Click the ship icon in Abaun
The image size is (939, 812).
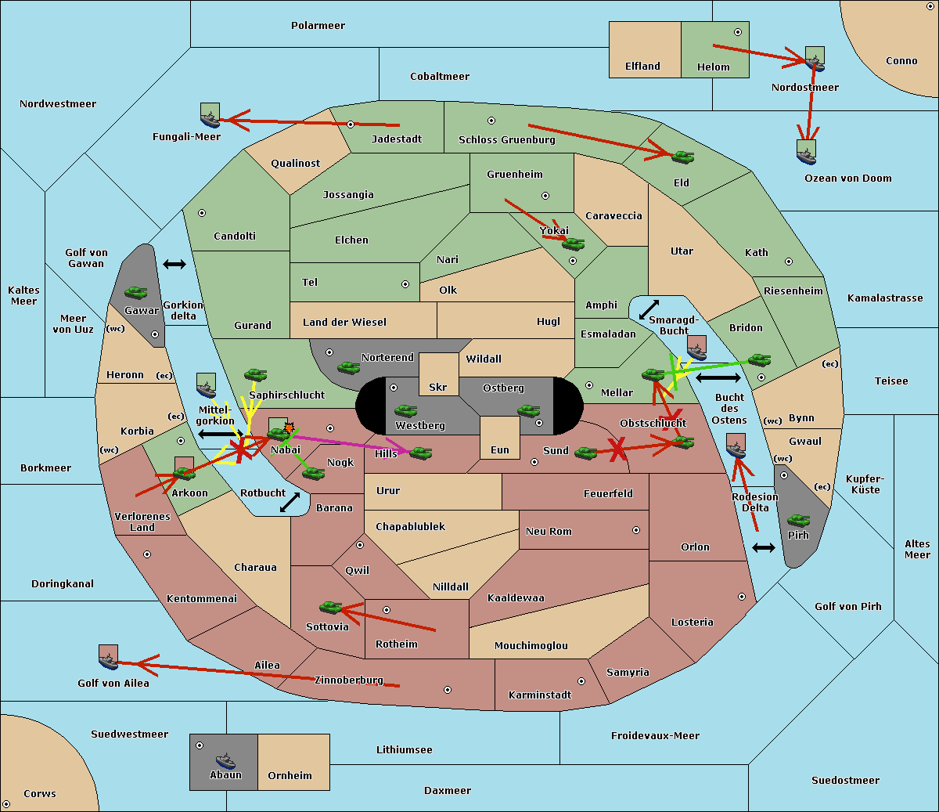(225, 760)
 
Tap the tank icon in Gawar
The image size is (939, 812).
(136, 292)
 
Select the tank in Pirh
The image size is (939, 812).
(798, 520)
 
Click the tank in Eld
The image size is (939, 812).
(683, 157)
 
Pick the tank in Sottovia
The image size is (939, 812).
(331, 607)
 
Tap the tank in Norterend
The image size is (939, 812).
(348, 367)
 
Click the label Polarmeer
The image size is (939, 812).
(318, 26)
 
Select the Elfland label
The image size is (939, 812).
(642, 67)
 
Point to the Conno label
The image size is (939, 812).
(901, 61)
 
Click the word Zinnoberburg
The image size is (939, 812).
(349, 680)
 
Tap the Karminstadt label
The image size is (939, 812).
(540, 695)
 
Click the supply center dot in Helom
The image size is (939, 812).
(738, 32)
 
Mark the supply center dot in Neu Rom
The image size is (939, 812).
(636, 530)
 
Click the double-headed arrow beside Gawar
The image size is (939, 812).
(174, 264)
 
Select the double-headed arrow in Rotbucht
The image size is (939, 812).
(290, 502)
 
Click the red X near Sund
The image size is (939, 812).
(617, 449)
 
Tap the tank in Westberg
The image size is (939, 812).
(405, 411)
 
